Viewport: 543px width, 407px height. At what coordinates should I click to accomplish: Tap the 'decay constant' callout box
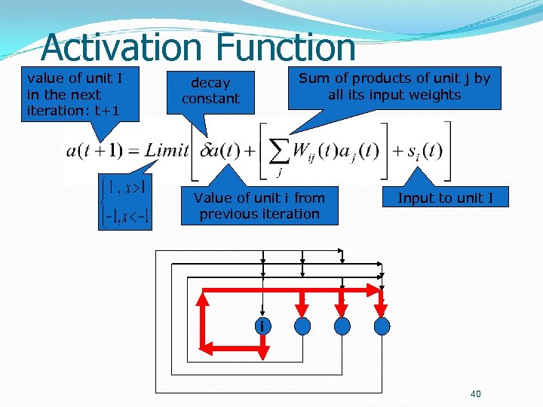210,90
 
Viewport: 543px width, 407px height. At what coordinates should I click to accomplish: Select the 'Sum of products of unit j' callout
394,87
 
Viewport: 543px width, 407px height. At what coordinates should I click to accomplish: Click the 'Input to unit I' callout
445,198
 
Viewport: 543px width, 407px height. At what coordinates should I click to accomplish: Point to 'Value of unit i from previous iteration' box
259,206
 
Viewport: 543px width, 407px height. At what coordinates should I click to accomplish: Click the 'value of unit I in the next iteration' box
74,94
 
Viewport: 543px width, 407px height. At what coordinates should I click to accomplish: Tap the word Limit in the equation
167,150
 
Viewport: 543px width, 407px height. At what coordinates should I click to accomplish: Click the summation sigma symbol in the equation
279,151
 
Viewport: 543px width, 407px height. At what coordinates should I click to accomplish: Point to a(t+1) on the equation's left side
95,150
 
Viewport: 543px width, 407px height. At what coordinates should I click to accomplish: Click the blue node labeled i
261,326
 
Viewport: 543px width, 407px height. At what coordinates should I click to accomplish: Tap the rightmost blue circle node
382,326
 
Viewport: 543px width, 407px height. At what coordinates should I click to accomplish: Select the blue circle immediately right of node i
302,326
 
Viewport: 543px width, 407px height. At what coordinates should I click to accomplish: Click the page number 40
475,393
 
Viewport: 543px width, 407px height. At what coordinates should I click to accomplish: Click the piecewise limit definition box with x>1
125,202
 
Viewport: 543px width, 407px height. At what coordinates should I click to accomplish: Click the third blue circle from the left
342,326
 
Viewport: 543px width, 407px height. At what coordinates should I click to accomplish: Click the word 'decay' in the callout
210,82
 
